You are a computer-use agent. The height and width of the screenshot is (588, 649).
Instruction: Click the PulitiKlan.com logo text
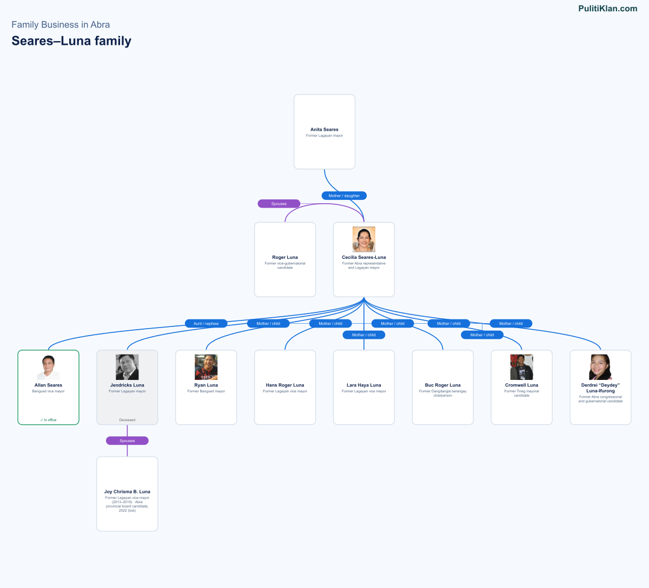coord(607,9)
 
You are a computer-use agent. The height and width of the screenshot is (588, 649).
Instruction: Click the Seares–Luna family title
coord(71,41)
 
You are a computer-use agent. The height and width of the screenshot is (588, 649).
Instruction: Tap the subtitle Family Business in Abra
coord(61,24)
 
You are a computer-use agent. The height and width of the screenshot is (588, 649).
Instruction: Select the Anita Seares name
coord(324,129)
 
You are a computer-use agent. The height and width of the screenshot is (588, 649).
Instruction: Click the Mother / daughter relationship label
coord(344,196)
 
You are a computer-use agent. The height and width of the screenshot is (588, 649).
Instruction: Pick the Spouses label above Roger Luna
coord(279,204)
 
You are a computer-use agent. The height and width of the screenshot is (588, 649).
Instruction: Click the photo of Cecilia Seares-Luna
coord(363,239)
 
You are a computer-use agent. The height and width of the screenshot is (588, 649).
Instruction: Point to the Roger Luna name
coord(284,257)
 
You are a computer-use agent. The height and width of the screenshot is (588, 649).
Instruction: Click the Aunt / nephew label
coord(206,323)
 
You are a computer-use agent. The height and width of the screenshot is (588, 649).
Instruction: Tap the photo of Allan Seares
coord(48,367)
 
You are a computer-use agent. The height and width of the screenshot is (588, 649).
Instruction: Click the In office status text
coord(48,420)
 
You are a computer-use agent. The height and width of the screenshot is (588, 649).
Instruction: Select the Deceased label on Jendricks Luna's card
coord(127,420)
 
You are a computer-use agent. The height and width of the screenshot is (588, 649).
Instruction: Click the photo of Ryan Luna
coord(206,367)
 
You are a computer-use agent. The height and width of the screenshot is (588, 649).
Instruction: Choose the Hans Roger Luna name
coord(284,385)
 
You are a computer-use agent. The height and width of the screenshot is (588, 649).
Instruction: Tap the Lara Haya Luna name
coord(363,385)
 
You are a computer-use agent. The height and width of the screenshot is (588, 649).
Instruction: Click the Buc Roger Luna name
coord(442,385)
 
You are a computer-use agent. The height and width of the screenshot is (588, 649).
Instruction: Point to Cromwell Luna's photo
coord(521,367)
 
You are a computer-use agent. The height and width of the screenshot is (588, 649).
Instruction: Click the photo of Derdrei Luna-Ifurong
coord(600,367)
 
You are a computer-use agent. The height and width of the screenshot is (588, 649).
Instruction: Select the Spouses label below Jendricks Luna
coord(127,440)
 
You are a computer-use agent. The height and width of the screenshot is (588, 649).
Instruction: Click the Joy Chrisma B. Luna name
coord(127,492)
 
